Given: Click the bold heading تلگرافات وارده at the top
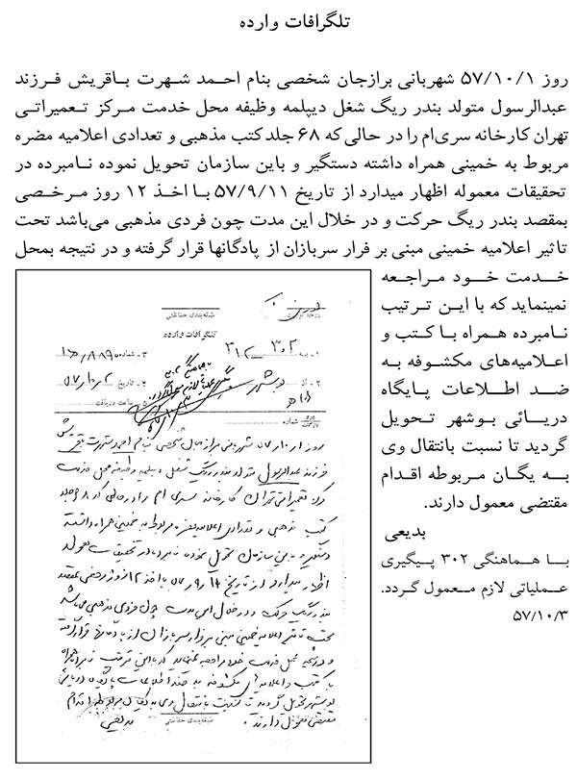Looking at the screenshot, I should click(288, 21).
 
